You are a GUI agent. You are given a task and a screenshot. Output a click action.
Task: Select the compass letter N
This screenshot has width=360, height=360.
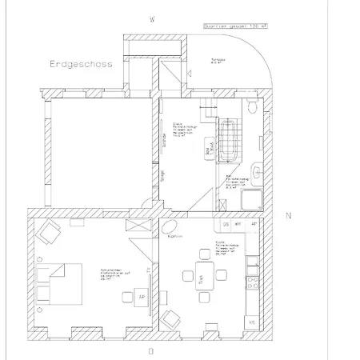tap(289, 216)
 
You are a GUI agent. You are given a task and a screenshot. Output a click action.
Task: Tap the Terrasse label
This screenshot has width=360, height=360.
tap(217, 61)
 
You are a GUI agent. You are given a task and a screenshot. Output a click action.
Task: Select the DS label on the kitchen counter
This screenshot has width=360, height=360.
tap(226, 225)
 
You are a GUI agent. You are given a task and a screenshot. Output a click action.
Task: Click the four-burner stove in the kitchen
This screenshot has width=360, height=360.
tap(253, 282)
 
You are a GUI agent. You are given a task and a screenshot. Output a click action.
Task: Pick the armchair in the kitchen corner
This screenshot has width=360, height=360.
tap(170, 319)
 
